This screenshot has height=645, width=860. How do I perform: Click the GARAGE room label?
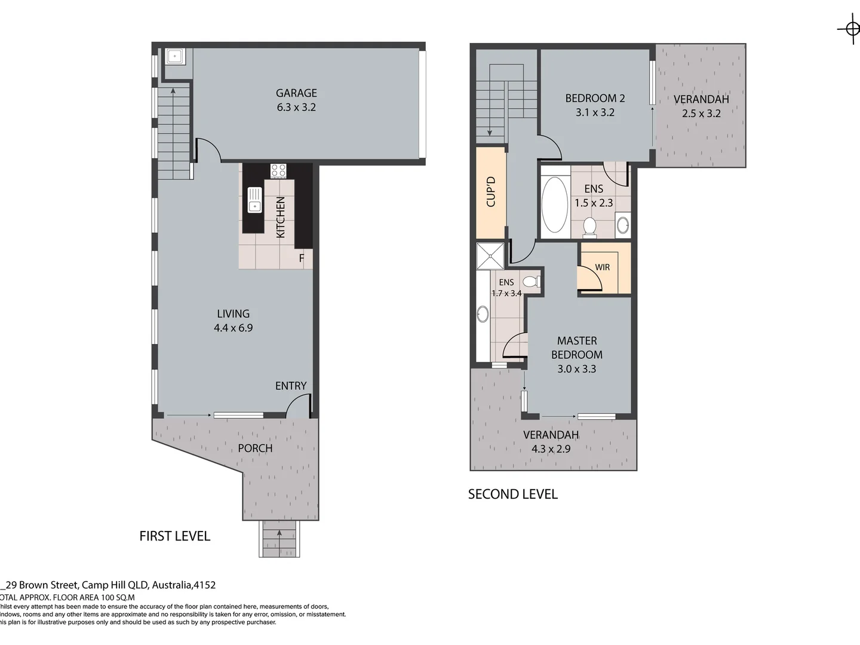[296, 93]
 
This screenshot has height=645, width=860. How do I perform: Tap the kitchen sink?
[255, 199]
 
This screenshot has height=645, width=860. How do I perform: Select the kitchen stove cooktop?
[278, 171]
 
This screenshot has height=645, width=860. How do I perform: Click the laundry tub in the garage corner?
[175, 57]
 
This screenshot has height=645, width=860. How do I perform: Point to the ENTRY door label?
[291, 386]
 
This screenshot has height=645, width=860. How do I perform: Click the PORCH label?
[255, 448]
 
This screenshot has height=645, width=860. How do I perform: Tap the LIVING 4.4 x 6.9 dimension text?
[233, 328]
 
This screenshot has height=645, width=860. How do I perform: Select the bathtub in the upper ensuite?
[555, 204]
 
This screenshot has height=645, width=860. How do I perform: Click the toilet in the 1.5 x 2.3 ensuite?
[589, 227]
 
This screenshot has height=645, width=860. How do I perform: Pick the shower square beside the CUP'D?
[490, 256]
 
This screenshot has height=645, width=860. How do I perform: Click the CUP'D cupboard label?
[491, 192]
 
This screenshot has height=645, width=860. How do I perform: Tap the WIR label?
[602, 267]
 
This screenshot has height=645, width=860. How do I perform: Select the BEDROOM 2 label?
[595, 98]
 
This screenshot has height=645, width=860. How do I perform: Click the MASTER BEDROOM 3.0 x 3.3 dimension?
[576, 369]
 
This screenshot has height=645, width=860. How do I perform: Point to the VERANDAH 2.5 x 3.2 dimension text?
[701, 113]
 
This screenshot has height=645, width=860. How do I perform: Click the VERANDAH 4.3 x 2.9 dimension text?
[551, 449]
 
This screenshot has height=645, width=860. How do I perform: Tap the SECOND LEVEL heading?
[512, 494]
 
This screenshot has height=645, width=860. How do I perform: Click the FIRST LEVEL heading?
[174, 536]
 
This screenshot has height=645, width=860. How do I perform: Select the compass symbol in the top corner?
[851, 28]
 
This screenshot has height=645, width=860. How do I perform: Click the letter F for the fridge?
[302, 258]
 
